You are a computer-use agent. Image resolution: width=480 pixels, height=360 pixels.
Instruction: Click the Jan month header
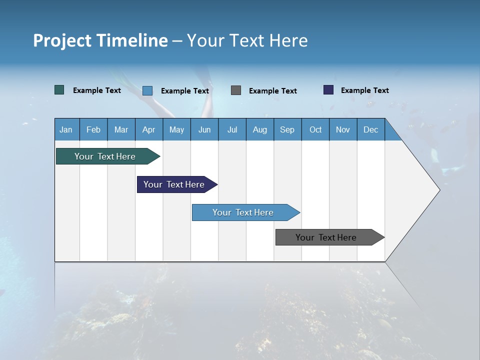click(66, 129)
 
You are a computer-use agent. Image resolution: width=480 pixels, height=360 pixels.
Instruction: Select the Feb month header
click(93, 129)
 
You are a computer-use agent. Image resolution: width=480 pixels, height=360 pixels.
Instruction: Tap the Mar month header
click(121, 129)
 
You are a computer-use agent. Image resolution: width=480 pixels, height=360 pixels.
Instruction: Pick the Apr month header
click(148, 129)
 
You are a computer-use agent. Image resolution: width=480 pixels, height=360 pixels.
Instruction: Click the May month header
click(176, 129)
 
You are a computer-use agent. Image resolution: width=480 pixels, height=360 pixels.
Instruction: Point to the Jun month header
click(204, 129)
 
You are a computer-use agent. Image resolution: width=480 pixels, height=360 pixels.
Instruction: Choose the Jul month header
click(232, 129)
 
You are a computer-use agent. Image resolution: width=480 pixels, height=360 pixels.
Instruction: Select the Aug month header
click(260, 129)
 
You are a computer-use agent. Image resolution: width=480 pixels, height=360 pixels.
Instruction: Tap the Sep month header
click(287, 129)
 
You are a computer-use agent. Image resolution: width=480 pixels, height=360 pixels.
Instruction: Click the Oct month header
click(315, 129)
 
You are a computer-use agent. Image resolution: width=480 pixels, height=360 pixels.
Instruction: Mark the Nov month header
click(343, 129)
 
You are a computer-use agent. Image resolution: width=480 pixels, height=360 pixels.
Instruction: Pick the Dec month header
click(371, 129)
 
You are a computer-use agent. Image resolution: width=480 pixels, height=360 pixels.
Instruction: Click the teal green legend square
click(59, 90)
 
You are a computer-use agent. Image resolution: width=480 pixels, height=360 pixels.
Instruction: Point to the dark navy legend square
click(328, 90)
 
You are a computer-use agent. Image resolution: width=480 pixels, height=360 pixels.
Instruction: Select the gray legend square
click(236, 90)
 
